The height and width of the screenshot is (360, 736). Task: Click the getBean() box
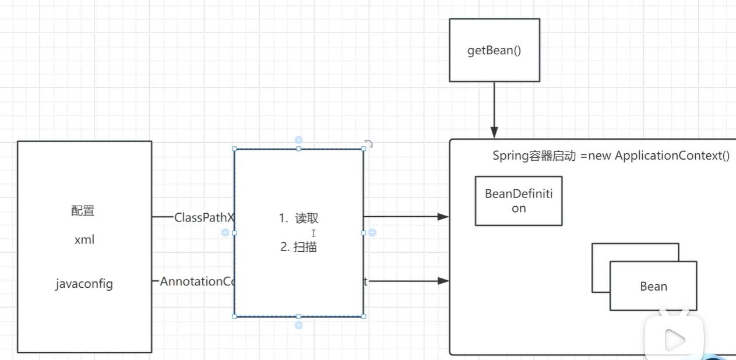pos(494,50)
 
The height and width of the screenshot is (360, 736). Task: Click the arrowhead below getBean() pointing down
pos(494,133)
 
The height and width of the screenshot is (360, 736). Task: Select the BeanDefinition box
pos(519,201)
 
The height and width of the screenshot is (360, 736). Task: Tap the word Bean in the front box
pos(653,287)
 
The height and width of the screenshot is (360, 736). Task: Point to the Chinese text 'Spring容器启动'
pos(534,156)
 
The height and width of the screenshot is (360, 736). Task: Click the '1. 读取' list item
pos(298,218)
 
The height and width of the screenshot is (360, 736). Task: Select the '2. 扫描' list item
pos(298,247)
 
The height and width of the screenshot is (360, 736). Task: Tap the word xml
pos(84,240)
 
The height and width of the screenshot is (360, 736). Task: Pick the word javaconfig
pos(84,284)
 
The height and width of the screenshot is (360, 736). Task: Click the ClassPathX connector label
pos(204,217)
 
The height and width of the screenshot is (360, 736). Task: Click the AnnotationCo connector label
pos(197,281)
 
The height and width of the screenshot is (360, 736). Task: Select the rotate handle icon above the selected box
pos(368,143)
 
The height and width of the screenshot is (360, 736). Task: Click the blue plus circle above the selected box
pos(298,140)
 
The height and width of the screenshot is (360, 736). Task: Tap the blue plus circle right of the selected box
pos(372,232)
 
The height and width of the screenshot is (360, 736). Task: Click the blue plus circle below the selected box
pos(298,325)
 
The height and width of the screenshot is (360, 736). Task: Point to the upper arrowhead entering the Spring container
pos(443,217)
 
